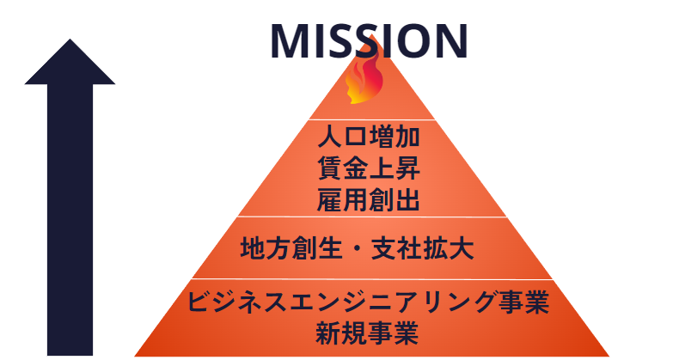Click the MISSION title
[369, 40]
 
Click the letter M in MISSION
[293, 40]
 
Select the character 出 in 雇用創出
[407, 200]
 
